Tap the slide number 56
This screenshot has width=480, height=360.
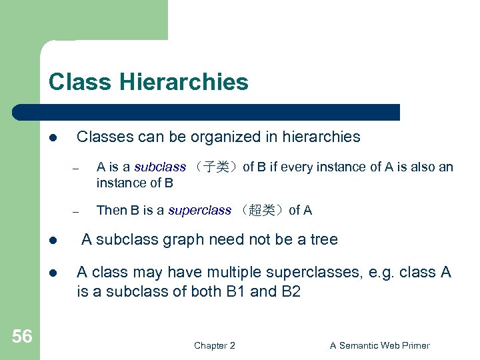coord(21,337)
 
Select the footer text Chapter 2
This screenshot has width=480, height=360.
coord(214,345)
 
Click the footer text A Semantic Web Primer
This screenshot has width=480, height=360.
coord(380,345)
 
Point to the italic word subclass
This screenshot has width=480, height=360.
coord(160,167)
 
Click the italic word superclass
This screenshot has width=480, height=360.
coord(199,211)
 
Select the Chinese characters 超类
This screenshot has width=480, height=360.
coord(259,211)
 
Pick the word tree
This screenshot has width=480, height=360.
coord(323,239)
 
